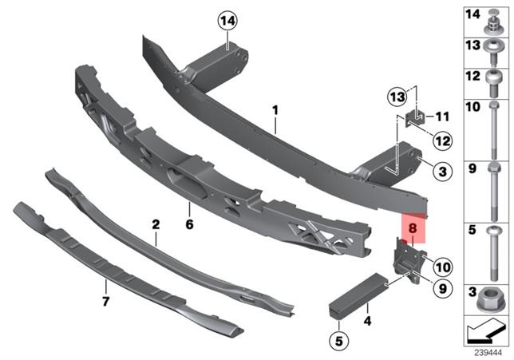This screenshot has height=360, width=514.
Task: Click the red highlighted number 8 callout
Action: [413, 227]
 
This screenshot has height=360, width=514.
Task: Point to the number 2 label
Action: [156, 226]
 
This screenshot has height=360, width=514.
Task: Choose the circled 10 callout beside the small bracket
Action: [443, 265]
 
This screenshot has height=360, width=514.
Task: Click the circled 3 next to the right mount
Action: [440, 170]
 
